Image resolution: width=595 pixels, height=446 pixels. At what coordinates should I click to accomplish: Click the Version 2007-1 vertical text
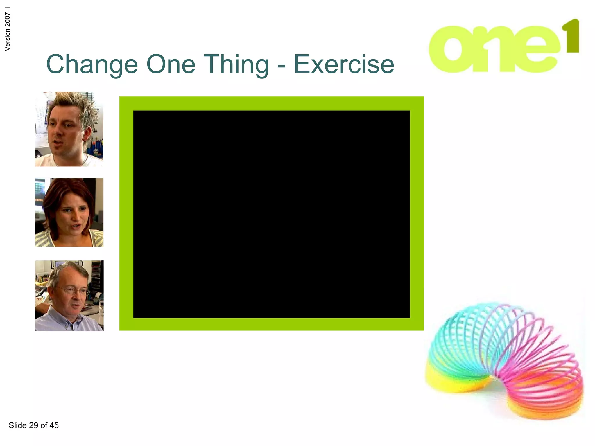click(8, 29)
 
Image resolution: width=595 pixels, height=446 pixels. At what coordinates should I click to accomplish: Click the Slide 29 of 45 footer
click(34, 425)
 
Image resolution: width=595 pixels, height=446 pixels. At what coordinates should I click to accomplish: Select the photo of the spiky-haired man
click(69, 129)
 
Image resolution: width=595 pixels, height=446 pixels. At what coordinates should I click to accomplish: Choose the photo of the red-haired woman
click(69, 212)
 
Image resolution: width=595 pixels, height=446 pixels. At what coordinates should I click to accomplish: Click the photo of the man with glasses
click(69, 296)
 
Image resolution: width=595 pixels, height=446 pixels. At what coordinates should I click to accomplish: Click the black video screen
click(272, 214)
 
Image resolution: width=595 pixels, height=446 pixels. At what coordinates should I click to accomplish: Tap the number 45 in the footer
click(54, 425)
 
